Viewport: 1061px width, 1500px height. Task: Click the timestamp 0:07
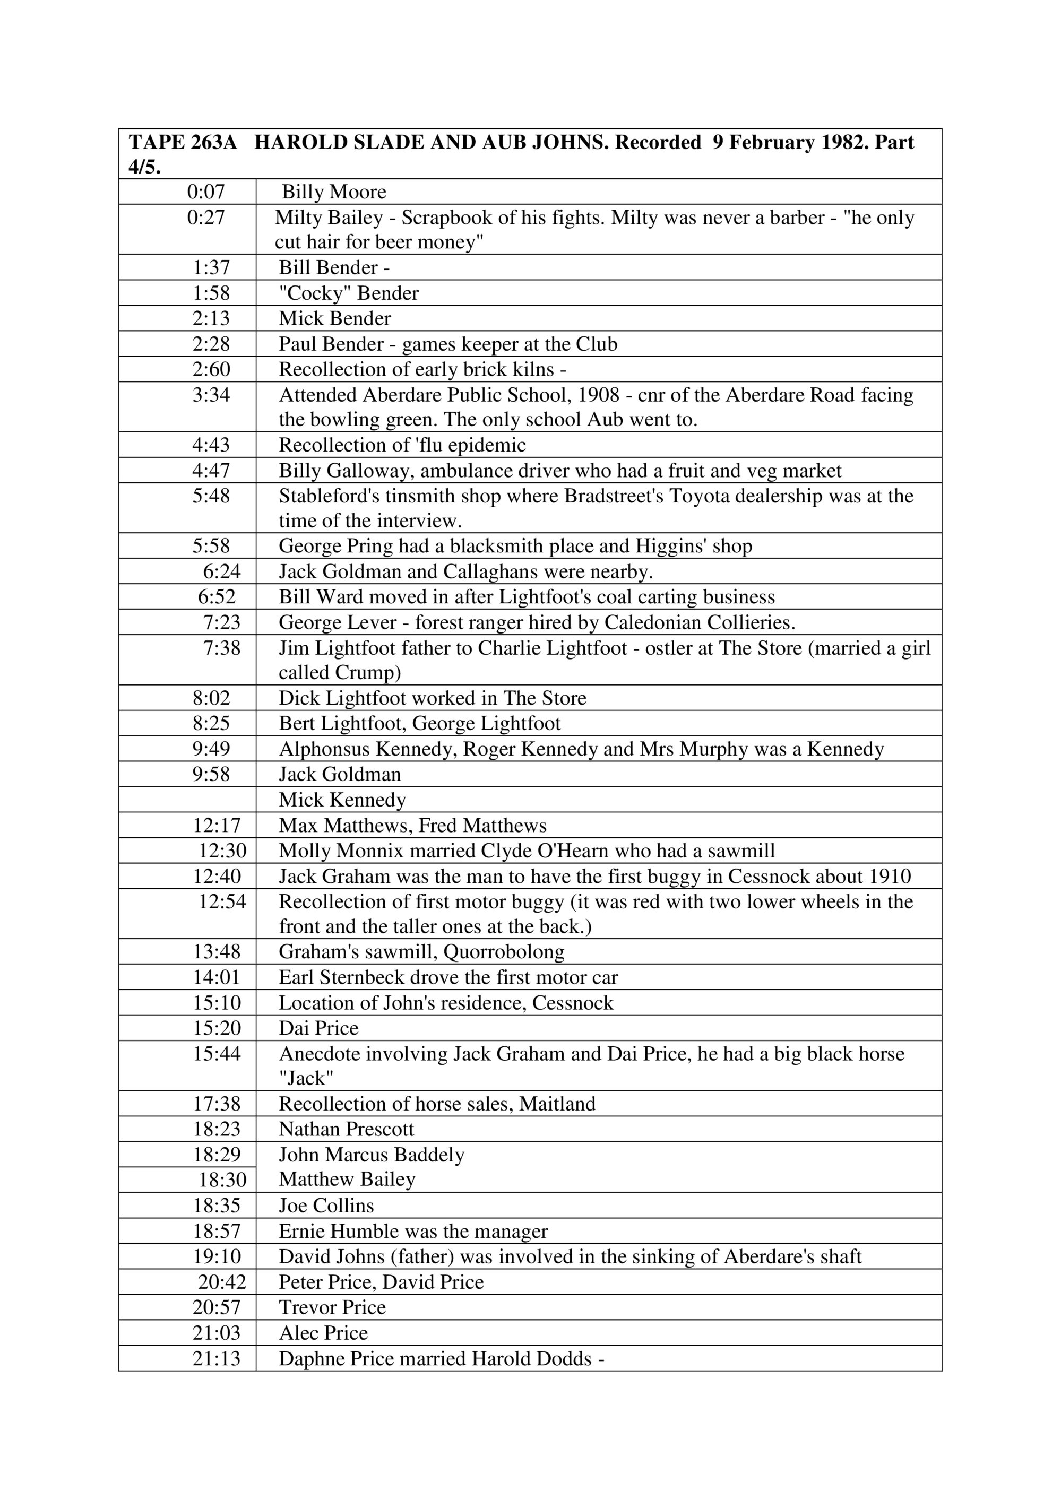(206, 192)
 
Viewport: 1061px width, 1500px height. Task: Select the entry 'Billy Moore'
(334, 192)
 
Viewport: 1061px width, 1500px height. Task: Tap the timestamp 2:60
(211, 370)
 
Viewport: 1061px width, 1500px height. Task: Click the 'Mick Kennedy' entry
(342, 800)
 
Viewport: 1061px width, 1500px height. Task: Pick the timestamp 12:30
(223, 851)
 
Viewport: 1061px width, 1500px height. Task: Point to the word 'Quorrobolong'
(504, 952)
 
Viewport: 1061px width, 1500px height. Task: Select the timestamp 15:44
(217, 1054)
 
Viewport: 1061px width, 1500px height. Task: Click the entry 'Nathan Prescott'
(346, 1130)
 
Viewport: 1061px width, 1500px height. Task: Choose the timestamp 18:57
(217, 1232)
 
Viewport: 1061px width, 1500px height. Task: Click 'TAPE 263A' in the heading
(182, 142)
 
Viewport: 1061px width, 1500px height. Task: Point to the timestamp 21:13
(217, 1359)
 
